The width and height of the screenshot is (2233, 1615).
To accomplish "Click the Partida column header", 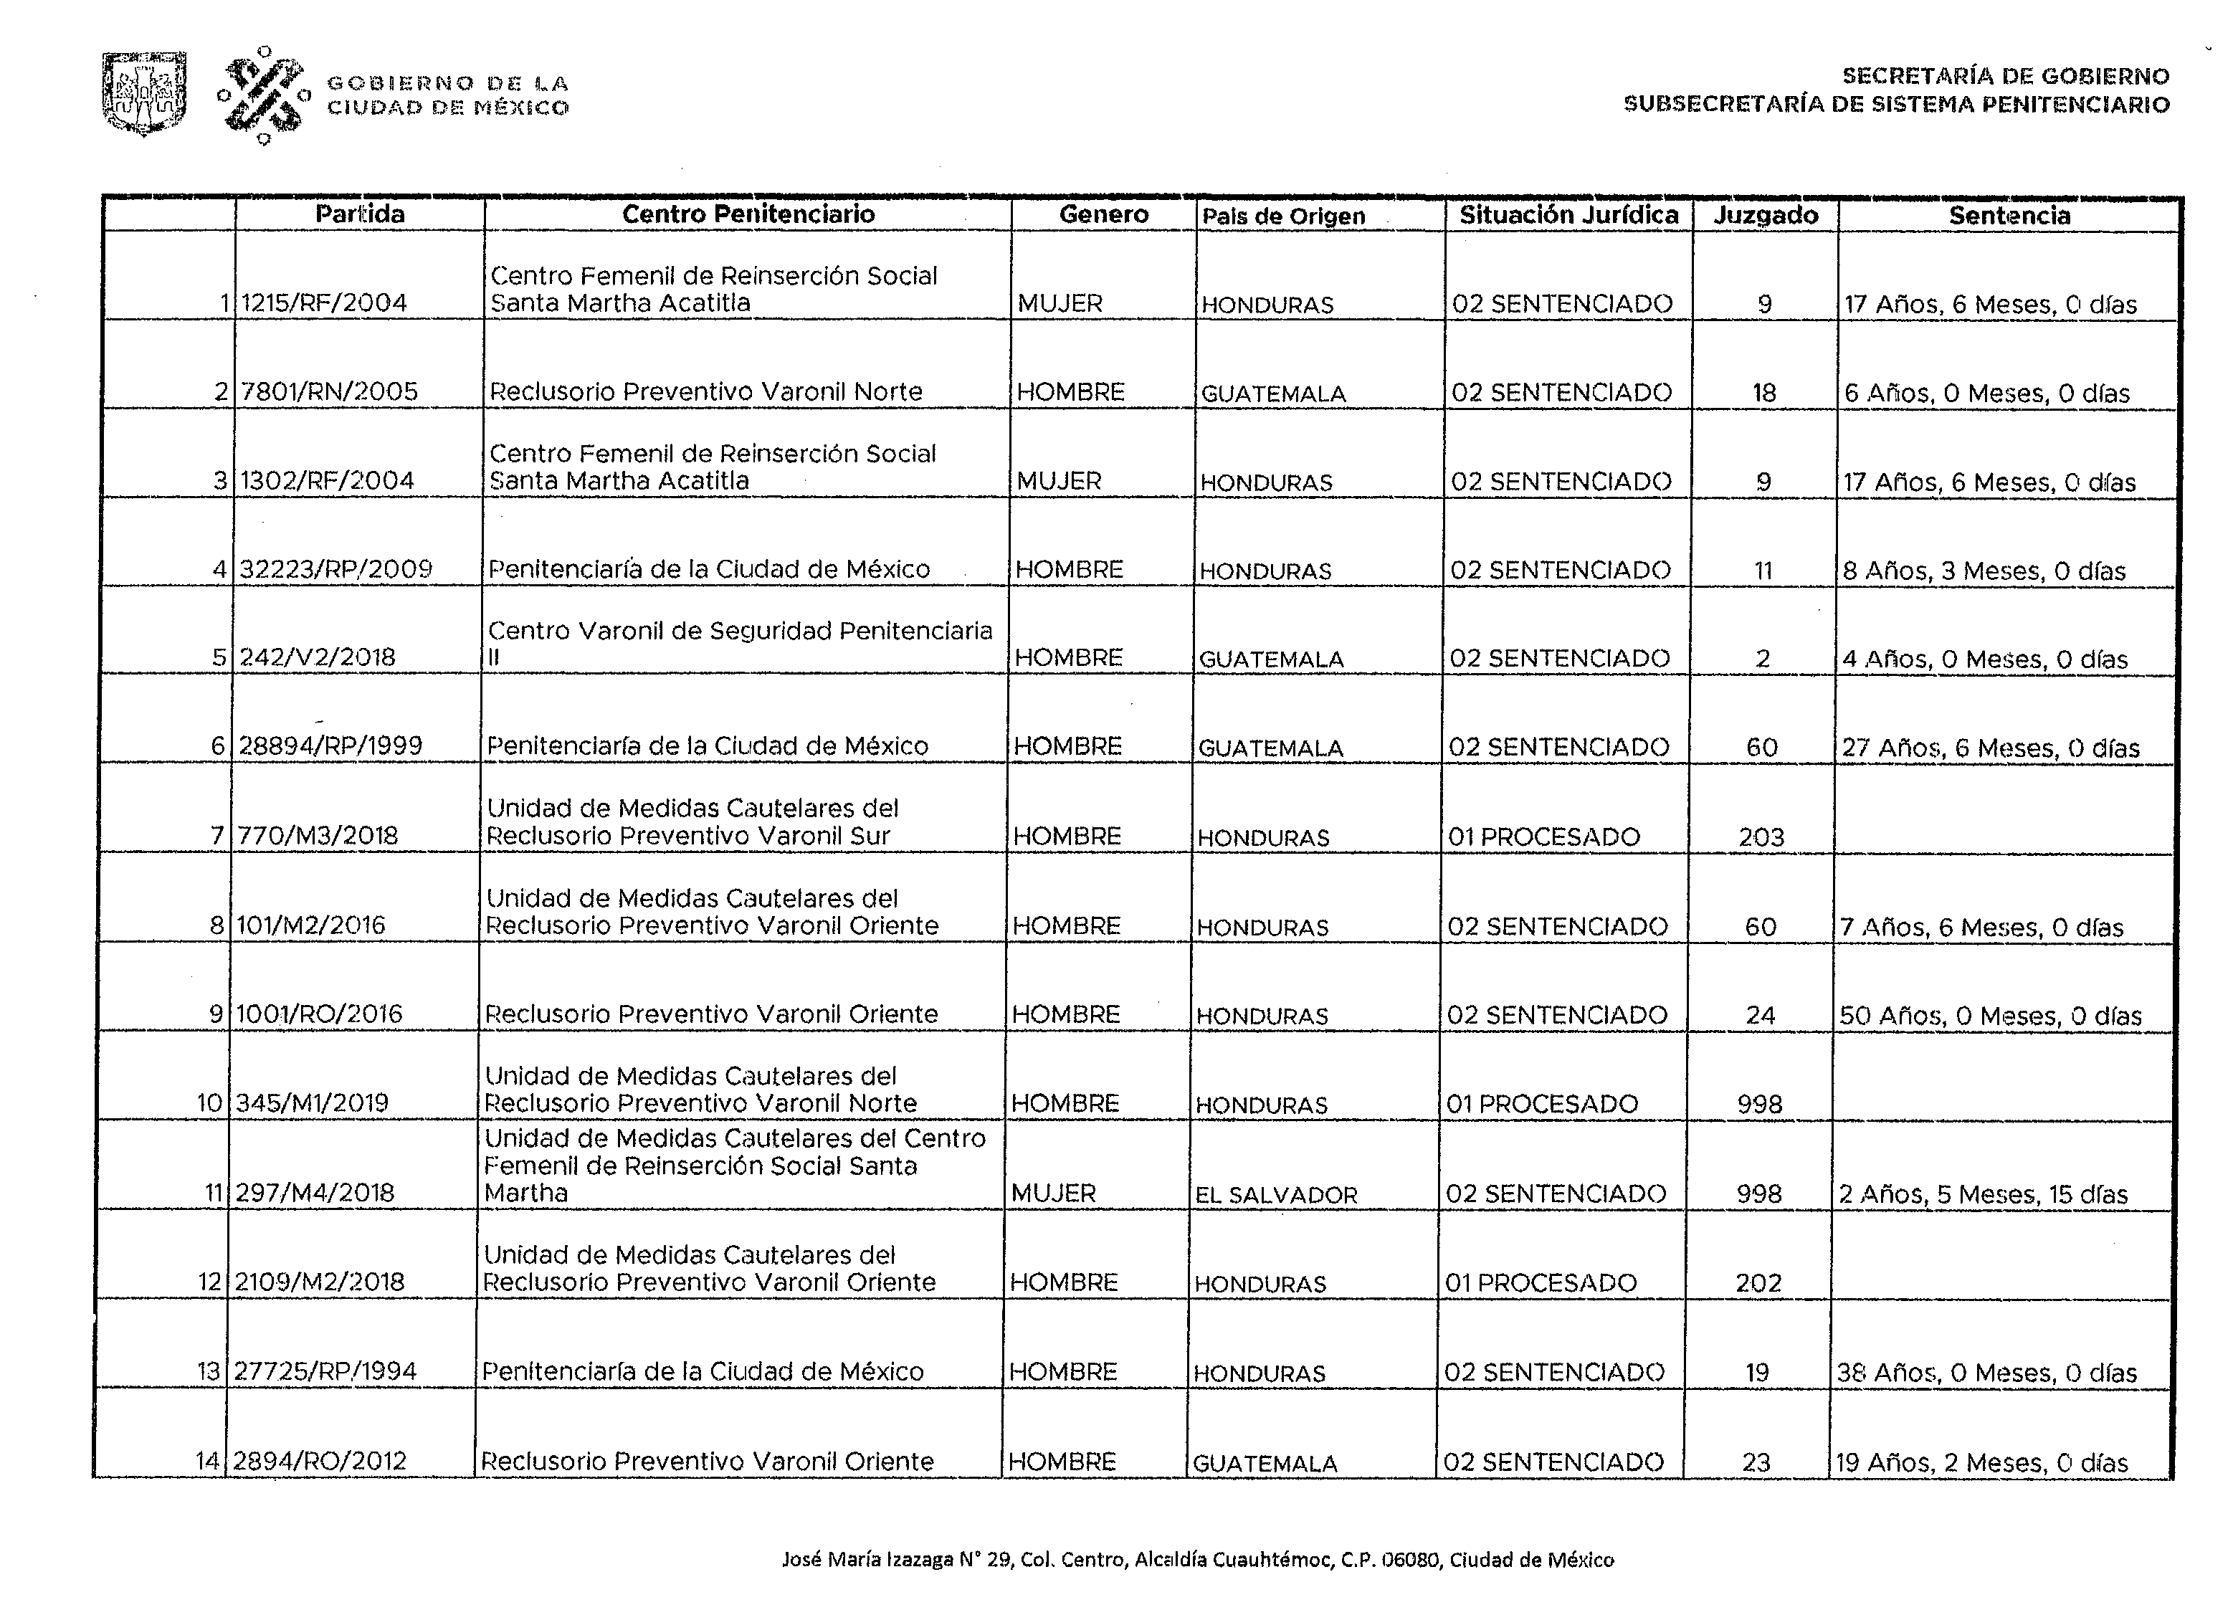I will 359,214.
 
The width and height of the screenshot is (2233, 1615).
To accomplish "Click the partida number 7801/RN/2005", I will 329,392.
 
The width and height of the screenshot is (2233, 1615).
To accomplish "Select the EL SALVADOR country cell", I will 1276,1194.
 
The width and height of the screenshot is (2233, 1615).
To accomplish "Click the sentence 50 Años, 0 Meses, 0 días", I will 1990,1015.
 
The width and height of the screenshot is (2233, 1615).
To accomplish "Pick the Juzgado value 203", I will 1761,837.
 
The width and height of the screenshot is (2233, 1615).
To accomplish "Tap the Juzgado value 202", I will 1758,1283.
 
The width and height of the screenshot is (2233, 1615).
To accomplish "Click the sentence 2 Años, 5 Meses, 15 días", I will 1983,1194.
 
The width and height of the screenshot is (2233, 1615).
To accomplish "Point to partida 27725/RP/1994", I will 325,1371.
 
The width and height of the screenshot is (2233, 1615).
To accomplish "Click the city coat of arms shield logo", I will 144,94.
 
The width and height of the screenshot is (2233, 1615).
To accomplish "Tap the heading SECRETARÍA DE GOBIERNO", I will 2006,76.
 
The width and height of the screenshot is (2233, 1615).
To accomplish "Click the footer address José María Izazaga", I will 1197,1559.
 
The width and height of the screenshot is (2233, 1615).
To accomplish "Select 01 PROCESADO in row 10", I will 1542,1104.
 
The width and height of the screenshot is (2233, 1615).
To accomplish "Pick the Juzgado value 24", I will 1761,1015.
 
